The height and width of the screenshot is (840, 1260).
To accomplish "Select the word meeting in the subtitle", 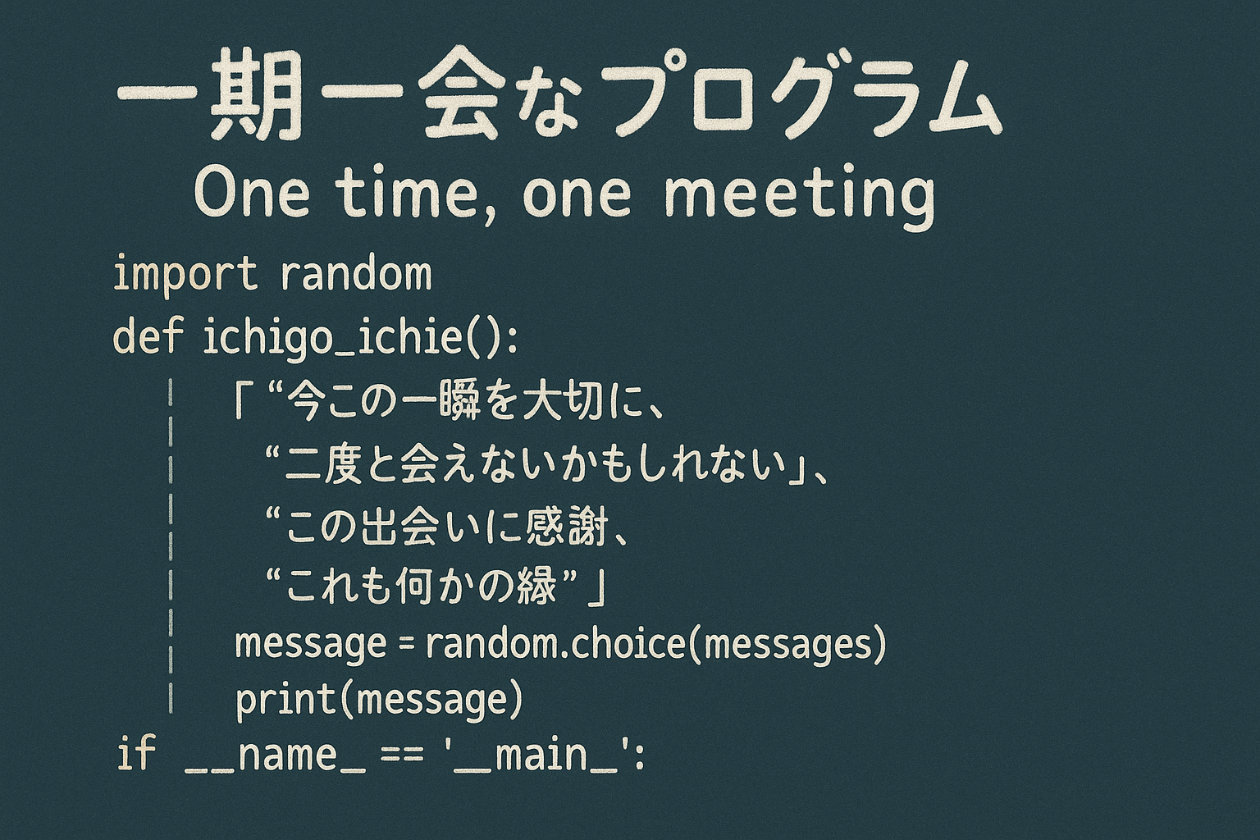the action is click(x=798, y=195).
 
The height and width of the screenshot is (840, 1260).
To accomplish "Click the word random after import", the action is click(x=355, y=273).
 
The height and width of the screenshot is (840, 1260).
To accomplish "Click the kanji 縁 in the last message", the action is click(x=535, y=588).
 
